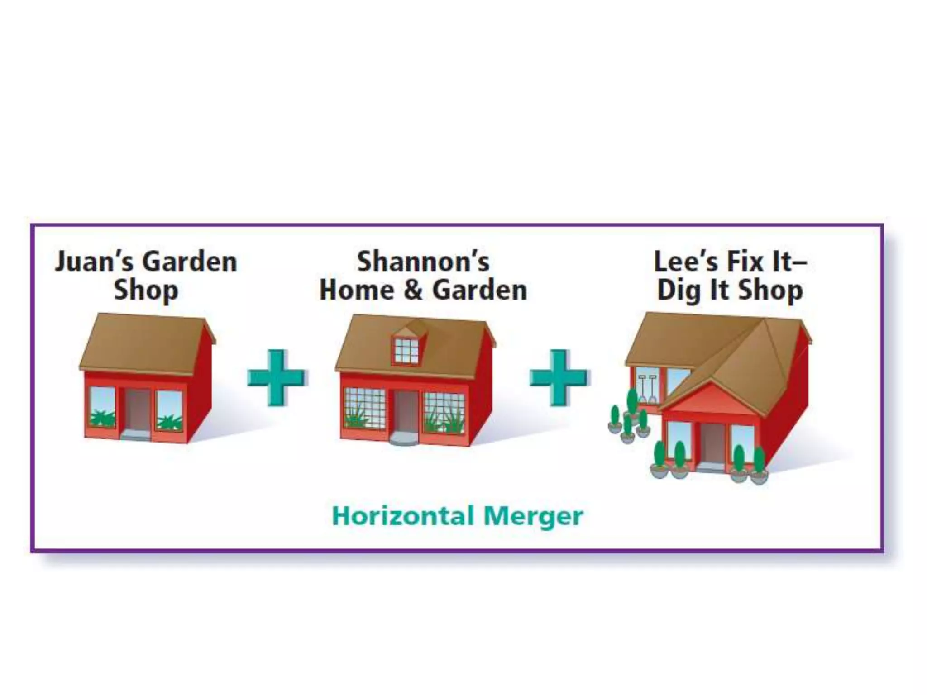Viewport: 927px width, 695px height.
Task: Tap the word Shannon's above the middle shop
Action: pos(423,262)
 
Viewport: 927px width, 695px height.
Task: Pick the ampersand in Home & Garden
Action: pos(412,290)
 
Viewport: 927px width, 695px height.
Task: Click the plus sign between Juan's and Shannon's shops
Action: pos(276,377)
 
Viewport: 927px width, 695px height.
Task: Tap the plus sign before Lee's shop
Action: pos(559,377)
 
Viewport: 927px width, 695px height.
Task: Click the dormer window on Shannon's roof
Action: pos(406,351)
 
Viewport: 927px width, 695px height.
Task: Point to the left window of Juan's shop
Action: pos(102,407)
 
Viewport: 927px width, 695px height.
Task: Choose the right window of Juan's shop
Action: pos(169,410)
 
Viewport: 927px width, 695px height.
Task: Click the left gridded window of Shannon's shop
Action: pos(365,409)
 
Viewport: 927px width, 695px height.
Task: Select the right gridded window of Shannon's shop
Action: pos(444,412)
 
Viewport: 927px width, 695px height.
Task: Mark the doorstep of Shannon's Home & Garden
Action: pos(404,438)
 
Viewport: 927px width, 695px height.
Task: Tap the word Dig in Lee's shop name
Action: pos(679,291)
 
